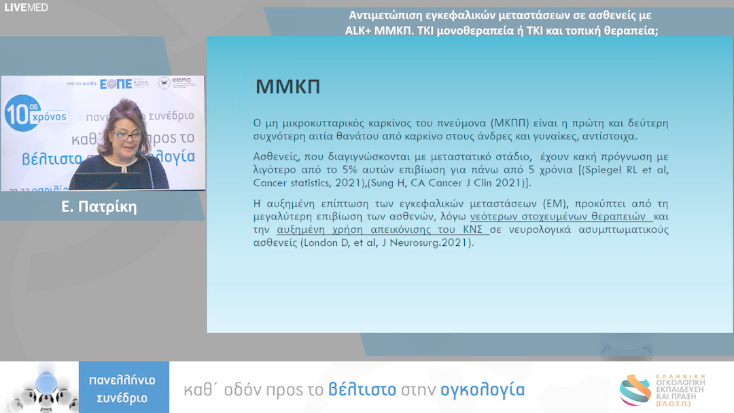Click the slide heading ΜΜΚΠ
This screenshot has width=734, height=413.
pyautogui.click(x=287, y=87)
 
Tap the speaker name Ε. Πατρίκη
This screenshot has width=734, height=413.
pyautogui.click(x=99, y=207)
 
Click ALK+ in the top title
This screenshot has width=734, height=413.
pyautogui.click(x=360, y=31)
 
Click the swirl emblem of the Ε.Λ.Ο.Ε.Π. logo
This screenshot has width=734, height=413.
pyautogui.click(x=633, y=389)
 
